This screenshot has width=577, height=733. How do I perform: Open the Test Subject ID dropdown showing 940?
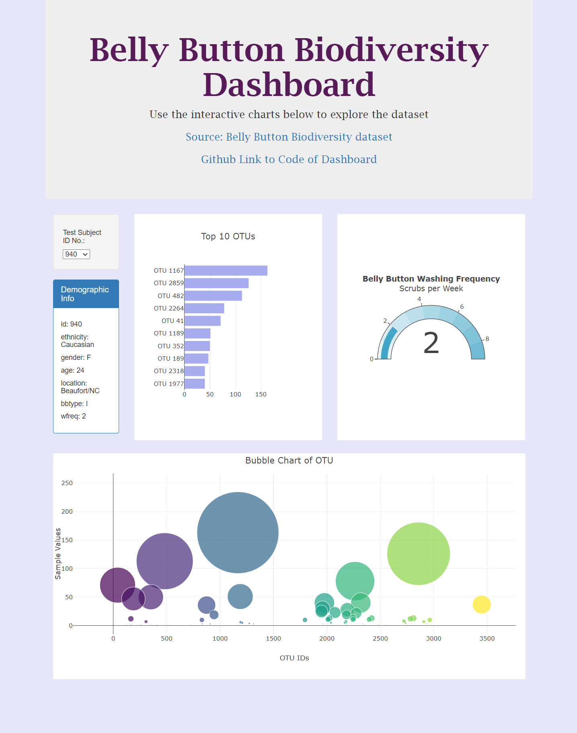click(x=76, y=254)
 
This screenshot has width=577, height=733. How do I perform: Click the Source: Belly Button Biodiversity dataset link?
click(x=289, y=137)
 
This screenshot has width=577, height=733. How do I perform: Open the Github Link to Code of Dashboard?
click(x=289, y=159)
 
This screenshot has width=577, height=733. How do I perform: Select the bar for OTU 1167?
click(x=226, y=271)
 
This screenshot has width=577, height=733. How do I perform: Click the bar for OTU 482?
click(x=213, y=296)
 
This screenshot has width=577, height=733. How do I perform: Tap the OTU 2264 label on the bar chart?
click(x=168, y=308)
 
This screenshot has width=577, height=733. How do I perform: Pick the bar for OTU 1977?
click(x=195, y=384)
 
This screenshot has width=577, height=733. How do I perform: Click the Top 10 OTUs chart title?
click(x=228, y=237)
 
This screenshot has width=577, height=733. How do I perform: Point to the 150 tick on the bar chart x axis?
click(x=261, y=394)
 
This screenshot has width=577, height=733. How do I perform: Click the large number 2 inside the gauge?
click(x=431, y=343)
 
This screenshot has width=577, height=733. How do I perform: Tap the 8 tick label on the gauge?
click(x=487, y=339)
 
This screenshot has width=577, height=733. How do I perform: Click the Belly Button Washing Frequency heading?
click(x=431, y=279)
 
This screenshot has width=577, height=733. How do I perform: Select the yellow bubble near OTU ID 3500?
click(x=481, y=604)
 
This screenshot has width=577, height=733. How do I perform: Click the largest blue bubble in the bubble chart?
click(x=238, y=533)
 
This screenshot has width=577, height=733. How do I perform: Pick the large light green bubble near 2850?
click(x=418, y=554)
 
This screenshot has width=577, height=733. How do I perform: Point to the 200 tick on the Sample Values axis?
click(x=67, y=512)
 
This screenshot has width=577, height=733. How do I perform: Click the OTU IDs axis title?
click(x=294, y=658)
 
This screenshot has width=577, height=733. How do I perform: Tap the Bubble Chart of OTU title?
click(x=289, y=461)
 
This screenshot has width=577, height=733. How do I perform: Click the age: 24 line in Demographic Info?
click(x=72, y=370)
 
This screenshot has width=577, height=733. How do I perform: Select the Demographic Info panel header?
click(x=86, y=294)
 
